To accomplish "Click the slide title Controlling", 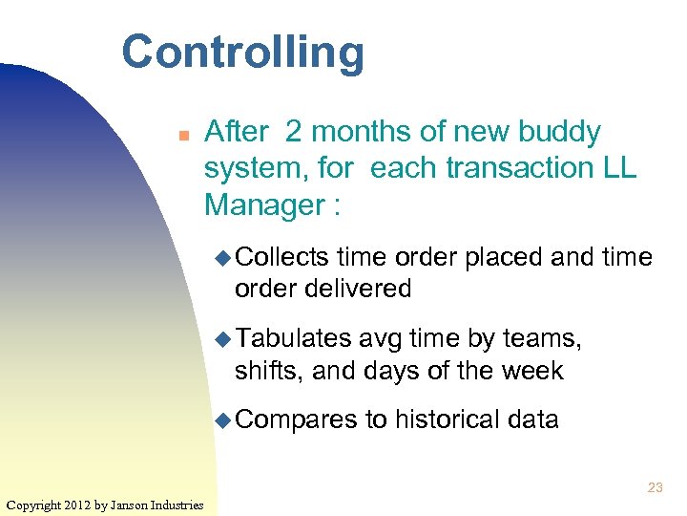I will [242, 53].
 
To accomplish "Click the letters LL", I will [618, 168].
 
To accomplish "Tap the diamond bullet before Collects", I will [222, 258].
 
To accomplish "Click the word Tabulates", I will [293, 338].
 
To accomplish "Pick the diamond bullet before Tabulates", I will [222, 339].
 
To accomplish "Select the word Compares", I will [296, 419].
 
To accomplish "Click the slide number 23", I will [655, 488].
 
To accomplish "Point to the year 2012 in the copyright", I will [75, 505].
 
